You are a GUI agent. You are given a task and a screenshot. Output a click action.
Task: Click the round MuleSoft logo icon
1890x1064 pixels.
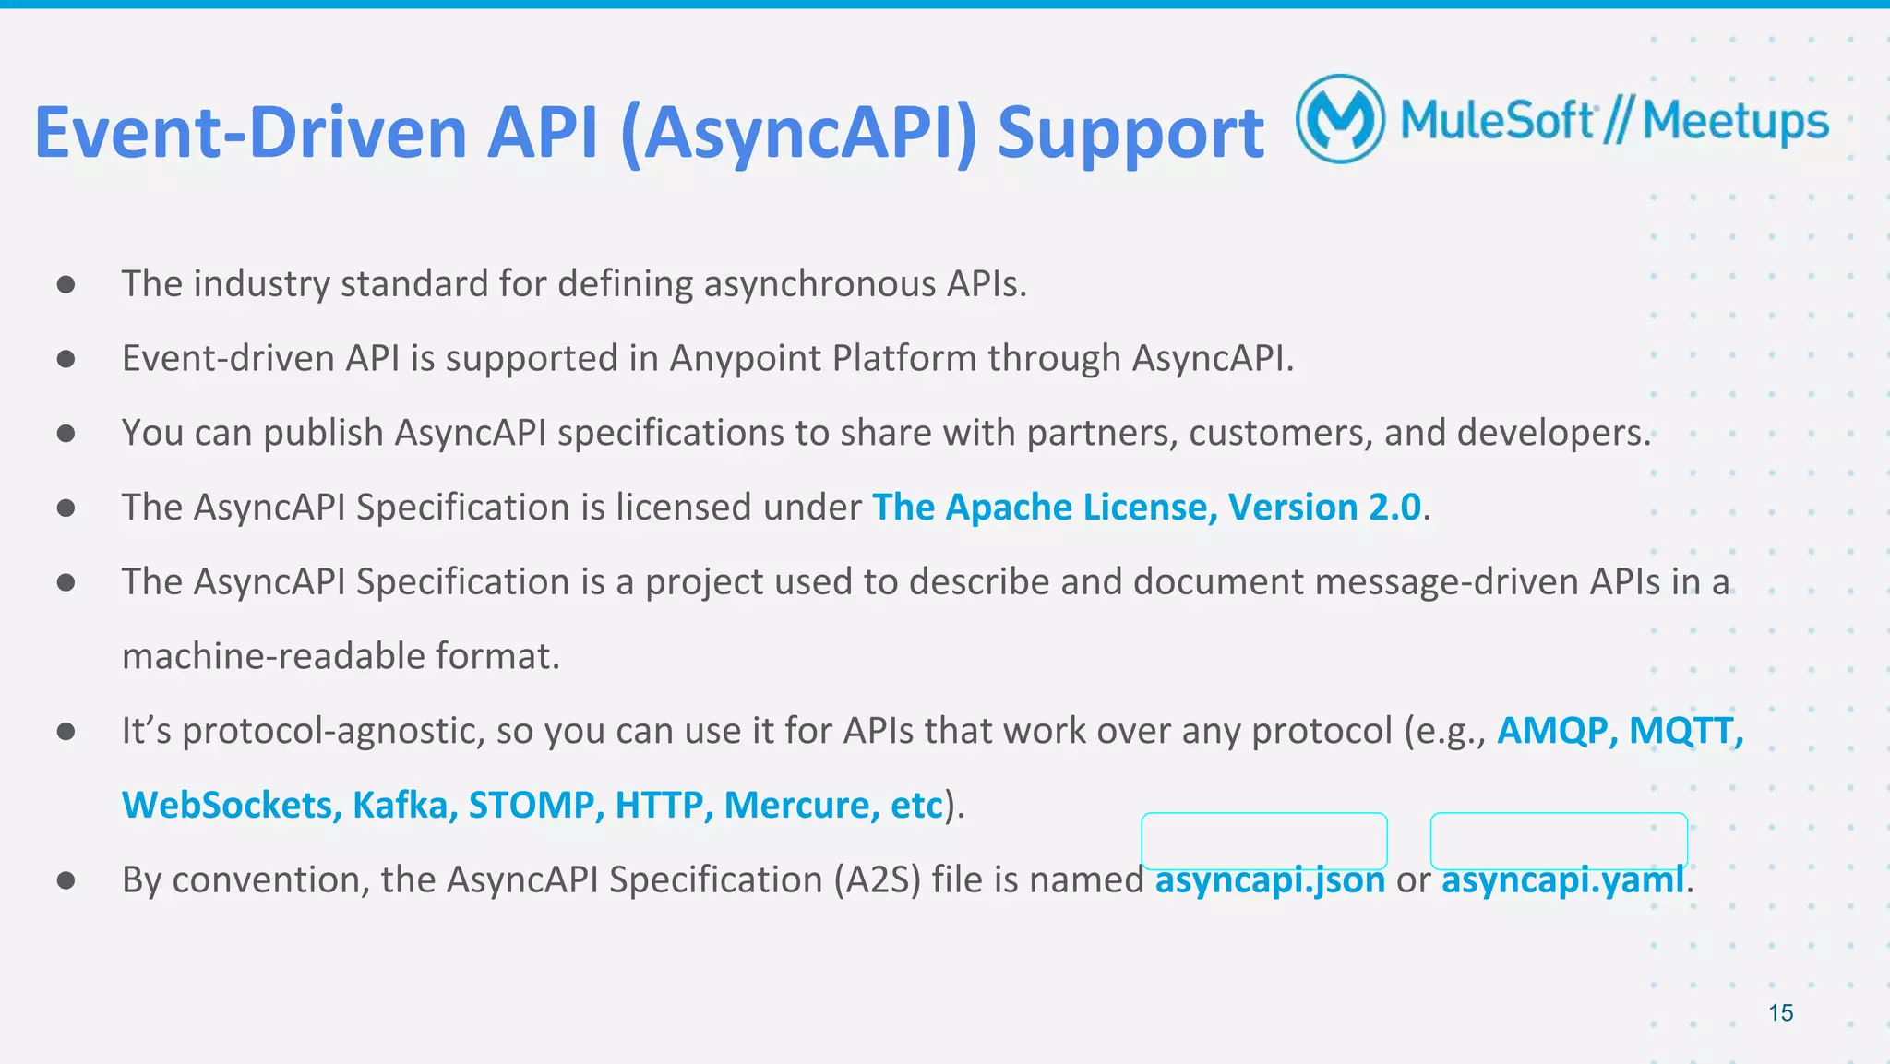(1340, 119)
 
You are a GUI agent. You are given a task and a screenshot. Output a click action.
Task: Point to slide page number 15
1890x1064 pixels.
(1780, 1012)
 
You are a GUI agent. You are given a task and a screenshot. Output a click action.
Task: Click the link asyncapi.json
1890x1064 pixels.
(1270, 879)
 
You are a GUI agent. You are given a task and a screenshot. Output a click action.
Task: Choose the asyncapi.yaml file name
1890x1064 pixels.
(1562, 879)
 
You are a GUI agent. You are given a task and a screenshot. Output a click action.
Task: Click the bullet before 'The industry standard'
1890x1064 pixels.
(66, 284)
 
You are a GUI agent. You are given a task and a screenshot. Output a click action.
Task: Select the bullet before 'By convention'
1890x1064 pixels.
(66, 880)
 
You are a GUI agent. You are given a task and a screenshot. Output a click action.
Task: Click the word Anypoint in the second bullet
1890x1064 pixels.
(745, 358)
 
